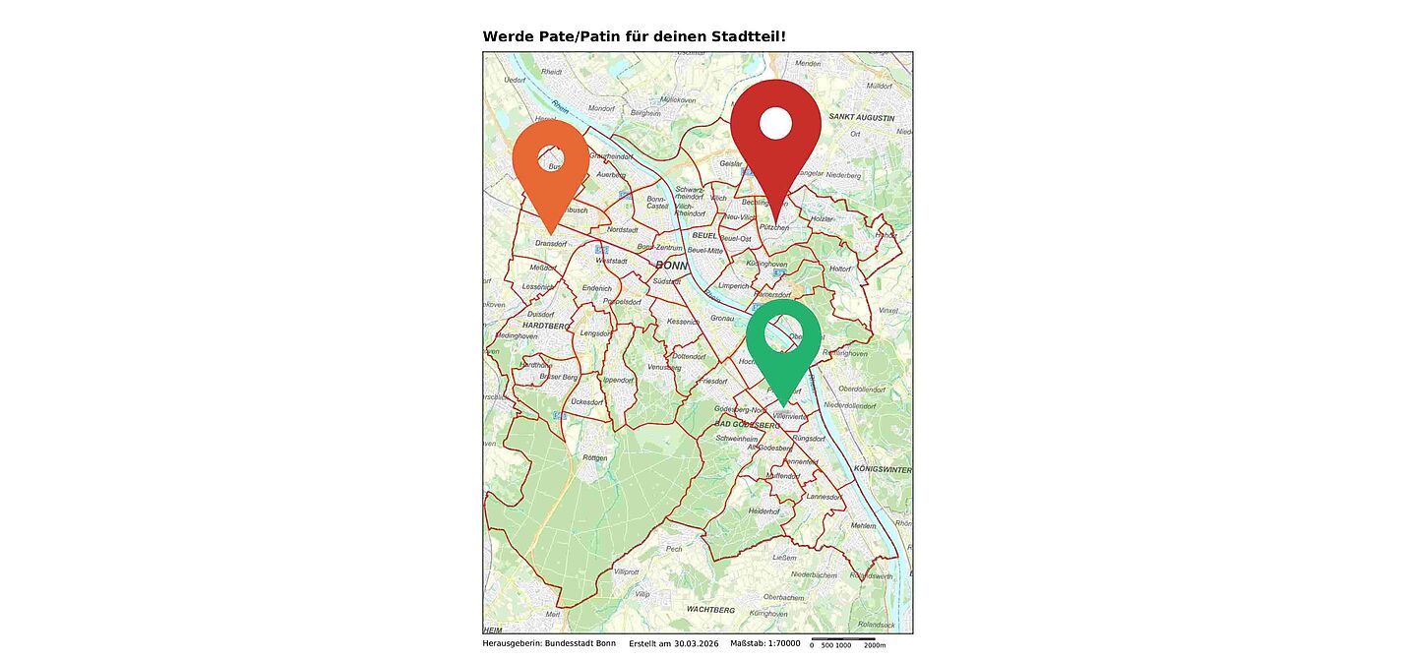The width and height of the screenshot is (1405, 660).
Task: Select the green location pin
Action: coord(783,340)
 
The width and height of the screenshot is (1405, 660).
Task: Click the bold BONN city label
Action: coord(671,266)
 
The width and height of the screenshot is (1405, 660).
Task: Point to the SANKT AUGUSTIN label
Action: coord(862,117)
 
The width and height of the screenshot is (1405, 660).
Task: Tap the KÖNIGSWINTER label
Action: coord(883,469)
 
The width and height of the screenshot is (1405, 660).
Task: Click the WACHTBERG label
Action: coord(710,610)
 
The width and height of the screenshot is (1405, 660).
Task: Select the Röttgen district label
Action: coord(595,457)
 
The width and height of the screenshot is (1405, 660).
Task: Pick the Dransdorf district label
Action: coord(551,243)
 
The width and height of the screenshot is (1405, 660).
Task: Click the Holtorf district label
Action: coord(840,269)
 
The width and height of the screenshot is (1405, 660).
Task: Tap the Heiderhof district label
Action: coord(764,511)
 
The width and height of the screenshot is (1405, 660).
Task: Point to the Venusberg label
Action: coord(664,368)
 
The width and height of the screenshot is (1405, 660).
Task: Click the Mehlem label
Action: coord(863,526)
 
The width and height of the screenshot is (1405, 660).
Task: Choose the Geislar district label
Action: coord(731,163)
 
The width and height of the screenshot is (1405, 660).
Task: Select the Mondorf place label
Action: coord(600,108)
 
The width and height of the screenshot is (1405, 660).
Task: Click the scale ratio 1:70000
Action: coord(779,643)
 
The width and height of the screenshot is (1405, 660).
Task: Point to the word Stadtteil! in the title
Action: coord(751,36)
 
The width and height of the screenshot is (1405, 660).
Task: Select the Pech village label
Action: coord(674,549)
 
